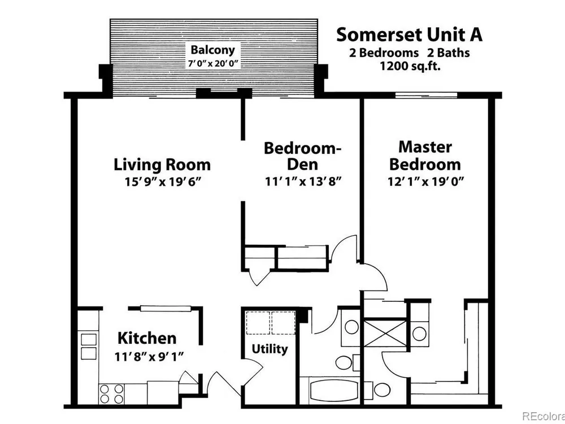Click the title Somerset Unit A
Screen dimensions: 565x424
point(409,35)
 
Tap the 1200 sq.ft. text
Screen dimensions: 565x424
point(410,66)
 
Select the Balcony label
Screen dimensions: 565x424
point(212,50)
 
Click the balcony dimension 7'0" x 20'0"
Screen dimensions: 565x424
point(213,64)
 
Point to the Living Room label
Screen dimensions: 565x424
point(162,165)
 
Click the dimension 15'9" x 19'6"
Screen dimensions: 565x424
point(162,181)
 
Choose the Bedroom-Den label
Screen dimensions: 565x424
point(303,156)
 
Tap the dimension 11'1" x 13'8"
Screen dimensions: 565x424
point(303,181)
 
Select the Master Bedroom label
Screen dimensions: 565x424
point(425,156)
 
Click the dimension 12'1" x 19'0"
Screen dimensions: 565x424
point(425,181)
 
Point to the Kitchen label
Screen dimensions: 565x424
point(147,338)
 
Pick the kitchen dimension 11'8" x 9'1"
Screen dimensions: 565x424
point(149,357)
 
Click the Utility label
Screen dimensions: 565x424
point(270,349)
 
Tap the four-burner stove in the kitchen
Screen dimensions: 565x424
point(111,393)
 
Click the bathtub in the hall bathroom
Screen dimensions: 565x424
point(329,391)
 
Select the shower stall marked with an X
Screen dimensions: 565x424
point(385,332)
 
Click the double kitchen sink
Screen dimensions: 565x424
point(89,347)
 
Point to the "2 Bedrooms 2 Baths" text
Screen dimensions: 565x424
point(409,53)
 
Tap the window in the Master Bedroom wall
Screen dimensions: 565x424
point(426,95)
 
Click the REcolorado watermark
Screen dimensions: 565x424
point(544,417)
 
